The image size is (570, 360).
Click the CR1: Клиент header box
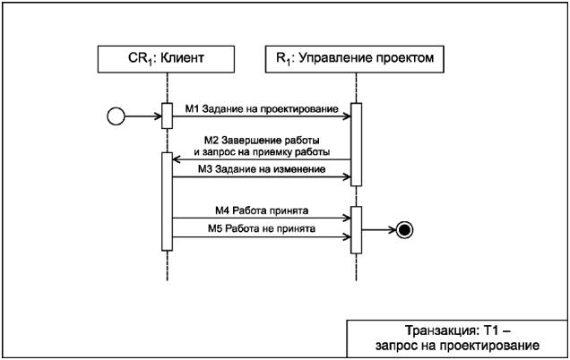(166, 60)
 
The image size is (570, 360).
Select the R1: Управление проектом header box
(356, 60)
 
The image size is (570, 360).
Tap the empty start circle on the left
(116, 116)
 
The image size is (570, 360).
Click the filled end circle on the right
(405, 230)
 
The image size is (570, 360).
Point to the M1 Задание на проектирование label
(256, 107)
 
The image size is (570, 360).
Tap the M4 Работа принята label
(262, 210)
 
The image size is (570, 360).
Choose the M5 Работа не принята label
(262, 229)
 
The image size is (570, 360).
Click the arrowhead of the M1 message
(345, 116)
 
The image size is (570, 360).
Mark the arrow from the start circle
(143, 116)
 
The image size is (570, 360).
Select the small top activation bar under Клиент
(167, 116)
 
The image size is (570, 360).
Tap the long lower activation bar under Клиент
(167, 201)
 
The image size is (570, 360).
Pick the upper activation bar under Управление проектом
(356, 144)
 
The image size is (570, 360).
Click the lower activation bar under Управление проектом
(356, 229)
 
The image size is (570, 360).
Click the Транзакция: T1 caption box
(457, 339)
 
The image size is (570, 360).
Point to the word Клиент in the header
(183, 60)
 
